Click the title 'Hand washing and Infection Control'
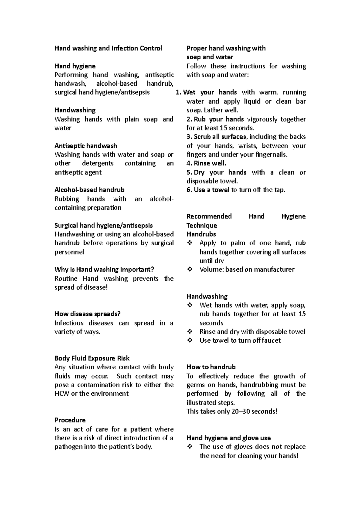(108, 48)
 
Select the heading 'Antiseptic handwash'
(86, 146)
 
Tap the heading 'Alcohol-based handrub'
(89, 190)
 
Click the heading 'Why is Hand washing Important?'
(104, 269)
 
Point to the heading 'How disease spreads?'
(87, 314)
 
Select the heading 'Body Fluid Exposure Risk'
(92, 359)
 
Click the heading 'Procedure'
(70, 420)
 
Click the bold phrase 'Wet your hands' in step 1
(210, 93)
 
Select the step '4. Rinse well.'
(206, 164)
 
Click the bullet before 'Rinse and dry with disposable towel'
(190, 332)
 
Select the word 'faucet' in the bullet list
(271, 341)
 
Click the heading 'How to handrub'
(211, 367)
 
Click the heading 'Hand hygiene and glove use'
(229, 438)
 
